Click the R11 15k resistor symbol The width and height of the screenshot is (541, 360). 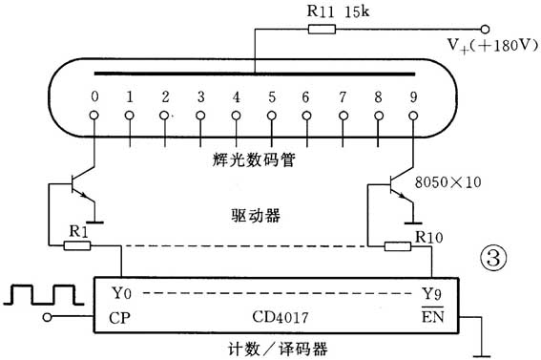coord(322,31)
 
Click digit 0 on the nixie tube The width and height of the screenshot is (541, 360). coord(94,97)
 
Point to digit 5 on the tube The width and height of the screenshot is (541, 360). coord(271,97)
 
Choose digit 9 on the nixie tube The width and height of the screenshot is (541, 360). coord(414,97)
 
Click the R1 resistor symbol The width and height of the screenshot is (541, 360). coord(77,245)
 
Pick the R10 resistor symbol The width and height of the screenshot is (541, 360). coord(398,246)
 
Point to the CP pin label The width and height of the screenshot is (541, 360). coord(120,317)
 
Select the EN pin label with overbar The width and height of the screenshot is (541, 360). coord(434,316)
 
